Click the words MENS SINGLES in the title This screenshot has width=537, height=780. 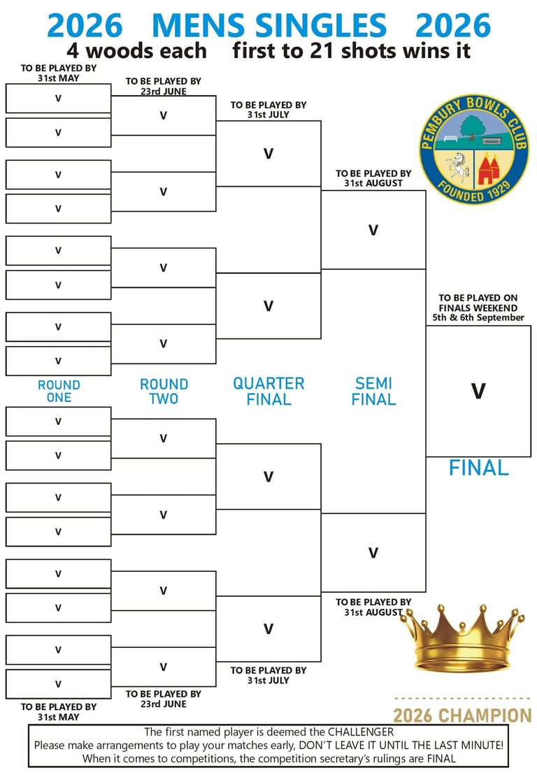(x=268, y=26)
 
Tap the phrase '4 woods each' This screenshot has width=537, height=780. (x=137, y=51)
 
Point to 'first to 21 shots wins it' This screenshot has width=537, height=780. (x=351, y=51)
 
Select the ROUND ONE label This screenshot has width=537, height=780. (x=59, y=391)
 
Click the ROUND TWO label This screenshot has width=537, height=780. (x=164, y=391)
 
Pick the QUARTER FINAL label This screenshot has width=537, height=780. (x=268, y=391)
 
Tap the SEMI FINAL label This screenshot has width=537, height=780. (x=373, y=391)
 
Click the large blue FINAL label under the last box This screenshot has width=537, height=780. (x=478, y=468)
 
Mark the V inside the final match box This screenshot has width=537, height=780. (x=478, y=391)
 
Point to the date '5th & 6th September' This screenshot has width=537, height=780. (x=478, y=317)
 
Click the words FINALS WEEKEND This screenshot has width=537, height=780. (x=478, y=308)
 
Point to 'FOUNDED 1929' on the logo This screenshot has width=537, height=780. (x=475, y=191)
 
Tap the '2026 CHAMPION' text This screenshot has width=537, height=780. (x=462, y=716)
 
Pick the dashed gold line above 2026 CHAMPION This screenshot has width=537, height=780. (x=462, y=699)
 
